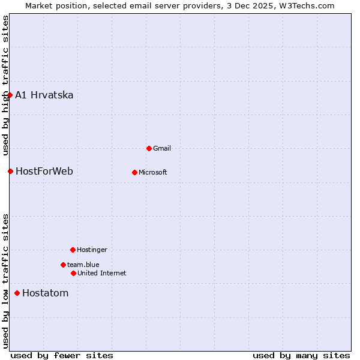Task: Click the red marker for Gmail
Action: coord(149,148)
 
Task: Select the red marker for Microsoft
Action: coord(134,172)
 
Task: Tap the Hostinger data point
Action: coord(73,250)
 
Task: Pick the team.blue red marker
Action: coord(63,265)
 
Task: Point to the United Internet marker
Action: coord(73,273)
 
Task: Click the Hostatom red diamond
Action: coord(17,293)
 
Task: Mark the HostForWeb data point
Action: coord(10,171)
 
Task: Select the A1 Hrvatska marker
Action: coord(10,95)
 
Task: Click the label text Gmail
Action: coord(162,148)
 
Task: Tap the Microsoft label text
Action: coord(153,172)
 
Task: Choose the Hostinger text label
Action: coord(92,250)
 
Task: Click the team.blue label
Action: coord(83,265)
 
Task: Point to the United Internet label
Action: coord(102,273)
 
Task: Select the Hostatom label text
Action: coord(45,293)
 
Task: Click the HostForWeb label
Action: coord(44,171)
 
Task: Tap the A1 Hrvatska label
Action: coord(44,95)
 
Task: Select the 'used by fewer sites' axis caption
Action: coord(62,355)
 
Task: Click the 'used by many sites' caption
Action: coord(301,355)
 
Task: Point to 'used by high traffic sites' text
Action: coord(5,86)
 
